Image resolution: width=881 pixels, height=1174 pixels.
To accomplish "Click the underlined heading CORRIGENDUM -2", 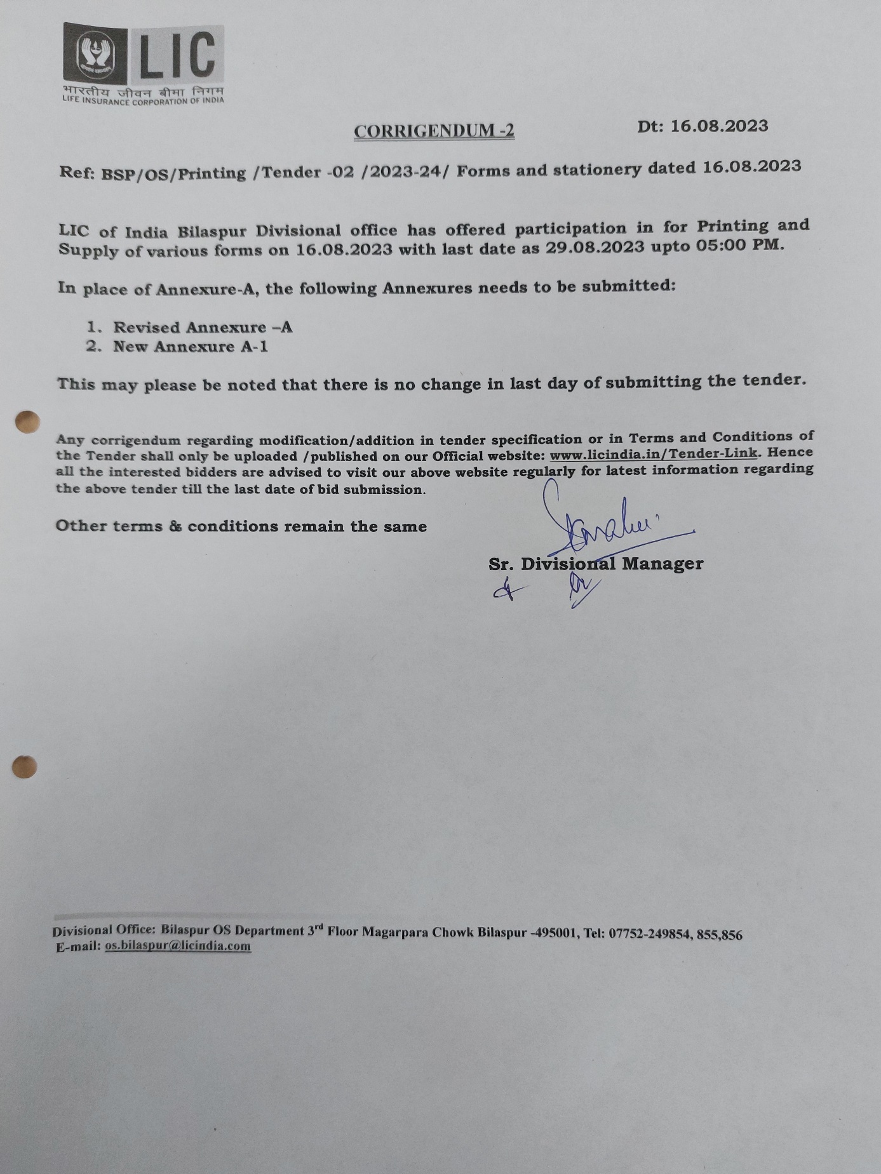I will click(434, 131).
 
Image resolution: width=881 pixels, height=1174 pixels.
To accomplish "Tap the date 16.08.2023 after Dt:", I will click(719, 126).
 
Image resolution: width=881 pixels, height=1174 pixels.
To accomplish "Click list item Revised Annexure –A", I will click(202, 328).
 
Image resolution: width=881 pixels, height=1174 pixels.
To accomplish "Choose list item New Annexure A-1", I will click(190, 347).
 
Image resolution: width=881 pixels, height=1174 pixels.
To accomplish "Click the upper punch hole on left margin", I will click(27, 422).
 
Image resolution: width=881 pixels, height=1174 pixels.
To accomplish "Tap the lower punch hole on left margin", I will click(25, 767).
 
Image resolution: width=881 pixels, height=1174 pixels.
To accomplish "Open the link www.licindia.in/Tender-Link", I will click(653, 454).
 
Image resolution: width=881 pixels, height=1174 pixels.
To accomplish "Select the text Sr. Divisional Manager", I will click(595, 564).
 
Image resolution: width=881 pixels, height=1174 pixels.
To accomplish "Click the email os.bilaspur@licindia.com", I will click(178, 946).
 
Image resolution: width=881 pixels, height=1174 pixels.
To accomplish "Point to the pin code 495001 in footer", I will click(556, 933).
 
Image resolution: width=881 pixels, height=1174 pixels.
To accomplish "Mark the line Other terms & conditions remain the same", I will click(241, 526).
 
